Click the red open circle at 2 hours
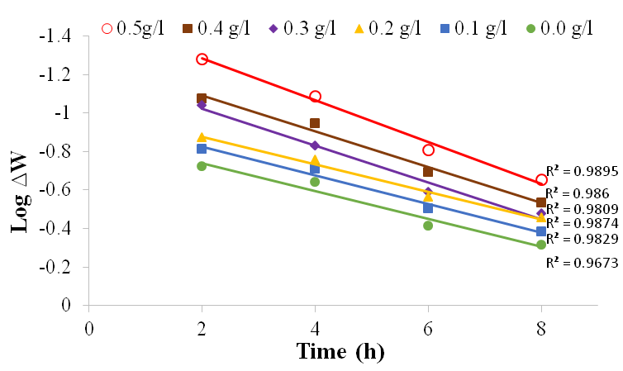click(202, 59)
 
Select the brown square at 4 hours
click(315, 123)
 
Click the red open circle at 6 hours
click(428, 150)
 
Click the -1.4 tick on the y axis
click(59, 36)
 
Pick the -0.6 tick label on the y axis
click(59, 190)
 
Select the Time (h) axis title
click(340, 351)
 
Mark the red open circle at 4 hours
click(315, 97)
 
